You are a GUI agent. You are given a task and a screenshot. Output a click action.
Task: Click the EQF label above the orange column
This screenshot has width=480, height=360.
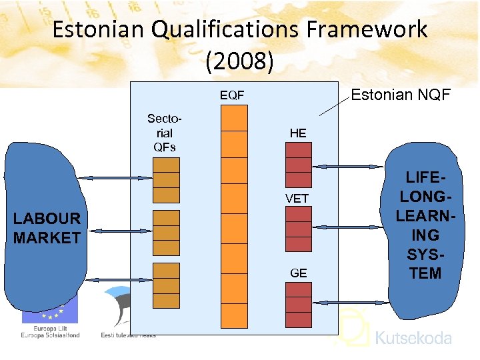click(232, 95)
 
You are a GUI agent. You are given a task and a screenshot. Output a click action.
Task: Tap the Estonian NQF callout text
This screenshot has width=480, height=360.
click(401, 95)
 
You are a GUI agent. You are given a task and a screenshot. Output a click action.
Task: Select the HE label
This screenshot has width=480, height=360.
click(298, 133)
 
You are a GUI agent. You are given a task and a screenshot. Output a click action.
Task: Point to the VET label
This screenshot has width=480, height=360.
click(297, 198)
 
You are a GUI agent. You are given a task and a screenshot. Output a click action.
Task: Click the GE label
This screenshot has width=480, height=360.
click(298, 273)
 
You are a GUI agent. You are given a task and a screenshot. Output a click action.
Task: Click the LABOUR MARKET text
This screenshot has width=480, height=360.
click(47, 228)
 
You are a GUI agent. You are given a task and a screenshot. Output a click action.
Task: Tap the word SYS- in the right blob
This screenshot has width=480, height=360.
click(425, 254)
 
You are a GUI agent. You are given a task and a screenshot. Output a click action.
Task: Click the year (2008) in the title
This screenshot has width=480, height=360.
click(239, 61)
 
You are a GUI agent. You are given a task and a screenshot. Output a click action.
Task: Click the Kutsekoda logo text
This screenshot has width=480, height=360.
click(413, 338)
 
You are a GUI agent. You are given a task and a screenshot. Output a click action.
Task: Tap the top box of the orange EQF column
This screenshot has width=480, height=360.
click(234, 118)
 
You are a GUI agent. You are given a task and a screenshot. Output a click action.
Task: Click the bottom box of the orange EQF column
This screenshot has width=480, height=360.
click(234, 315)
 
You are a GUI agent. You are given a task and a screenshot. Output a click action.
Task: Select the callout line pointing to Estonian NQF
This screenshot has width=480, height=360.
click(334, 107)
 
